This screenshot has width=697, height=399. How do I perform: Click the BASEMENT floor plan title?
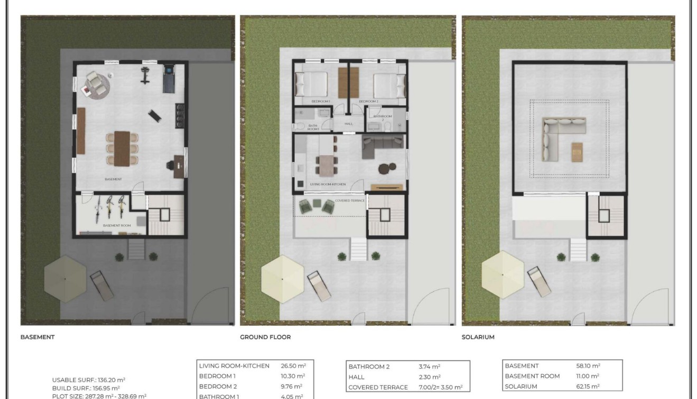(38, 337)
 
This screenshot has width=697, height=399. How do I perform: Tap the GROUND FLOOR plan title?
(265, 337)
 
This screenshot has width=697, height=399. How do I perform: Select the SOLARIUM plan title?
(478, 337)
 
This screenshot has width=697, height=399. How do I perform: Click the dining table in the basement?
(122, 148)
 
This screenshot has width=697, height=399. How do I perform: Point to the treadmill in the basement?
(169, 77)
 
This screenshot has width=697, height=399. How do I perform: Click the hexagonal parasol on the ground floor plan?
(283, 279)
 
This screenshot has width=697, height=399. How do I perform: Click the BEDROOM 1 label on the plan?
(320, 101)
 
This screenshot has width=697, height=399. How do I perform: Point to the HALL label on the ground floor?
(348, 123)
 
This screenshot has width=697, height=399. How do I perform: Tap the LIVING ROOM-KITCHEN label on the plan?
(328, 184)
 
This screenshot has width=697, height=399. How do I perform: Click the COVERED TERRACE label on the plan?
(350, 201)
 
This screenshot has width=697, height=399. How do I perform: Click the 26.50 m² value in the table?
(293, 366)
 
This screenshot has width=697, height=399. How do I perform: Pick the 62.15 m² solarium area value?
(588, 387)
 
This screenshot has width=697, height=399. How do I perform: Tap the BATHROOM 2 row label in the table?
(369, 366)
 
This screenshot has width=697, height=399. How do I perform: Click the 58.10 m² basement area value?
(588, 366)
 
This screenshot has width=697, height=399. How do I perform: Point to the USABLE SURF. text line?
(89, 379)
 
